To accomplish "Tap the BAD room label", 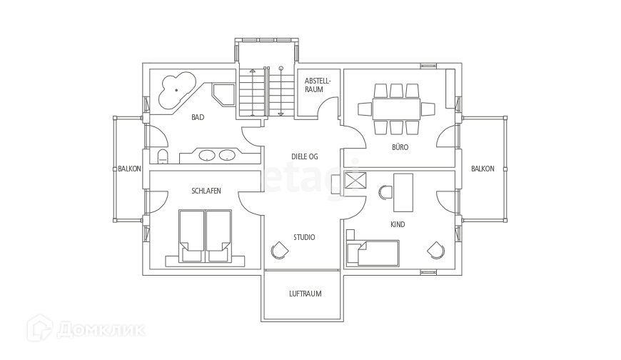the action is coord(198,116).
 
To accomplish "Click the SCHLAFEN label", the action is coord(206,190).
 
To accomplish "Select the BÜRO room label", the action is coord(400,146).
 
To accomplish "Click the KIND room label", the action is coord(398,224).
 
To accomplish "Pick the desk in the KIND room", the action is coord(403,191).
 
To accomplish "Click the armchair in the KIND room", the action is coord(435,251).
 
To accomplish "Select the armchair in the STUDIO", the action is coord(278,250).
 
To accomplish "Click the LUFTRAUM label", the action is coord(304,293).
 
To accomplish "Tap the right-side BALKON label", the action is coord(482,169).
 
